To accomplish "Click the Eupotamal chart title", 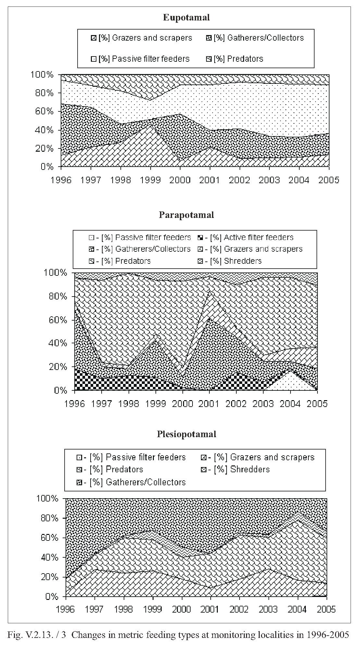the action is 186,18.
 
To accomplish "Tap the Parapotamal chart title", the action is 186,215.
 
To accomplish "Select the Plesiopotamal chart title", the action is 186,434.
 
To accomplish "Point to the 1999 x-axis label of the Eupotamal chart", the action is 150,180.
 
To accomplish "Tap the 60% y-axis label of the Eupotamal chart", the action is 44,111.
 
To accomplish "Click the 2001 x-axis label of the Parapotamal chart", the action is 209,403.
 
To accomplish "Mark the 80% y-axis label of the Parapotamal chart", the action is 58,296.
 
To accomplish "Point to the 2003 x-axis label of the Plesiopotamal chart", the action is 268,609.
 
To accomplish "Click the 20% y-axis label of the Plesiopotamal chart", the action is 50,577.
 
